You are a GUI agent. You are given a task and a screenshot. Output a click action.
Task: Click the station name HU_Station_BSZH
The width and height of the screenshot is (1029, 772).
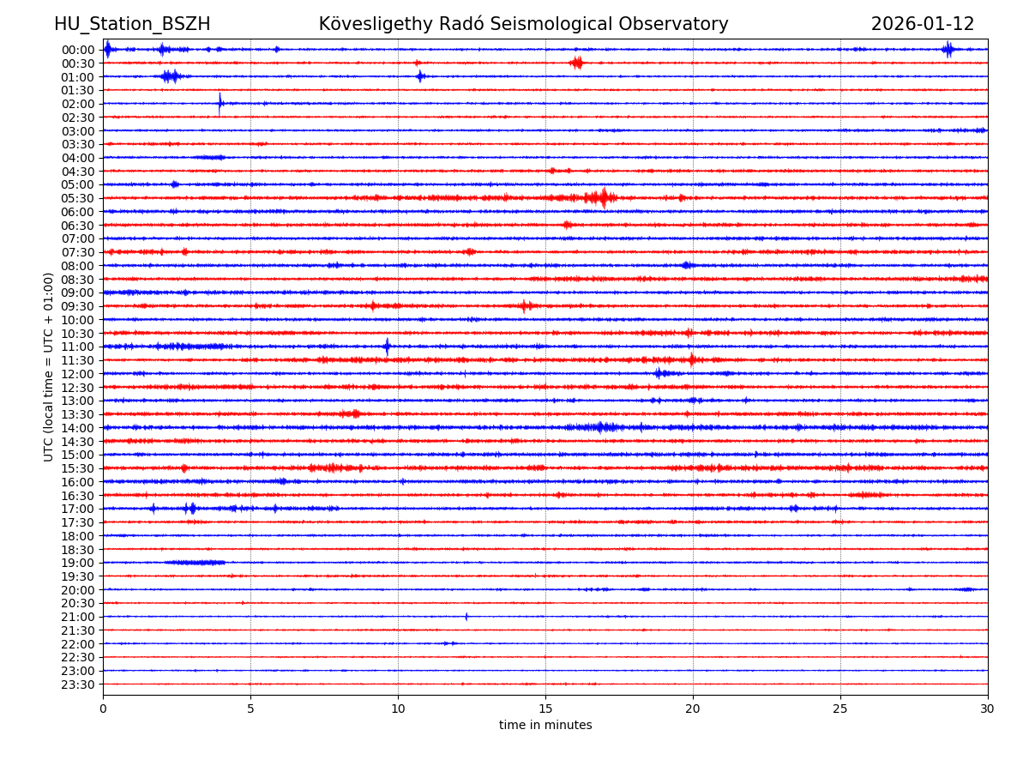[132, 24]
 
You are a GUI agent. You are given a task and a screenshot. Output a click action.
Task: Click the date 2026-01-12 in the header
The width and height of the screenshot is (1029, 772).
[923, 24]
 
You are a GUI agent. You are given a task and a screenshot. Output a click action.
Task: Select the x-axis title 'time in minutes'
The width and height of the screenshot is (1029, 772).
[545, 726]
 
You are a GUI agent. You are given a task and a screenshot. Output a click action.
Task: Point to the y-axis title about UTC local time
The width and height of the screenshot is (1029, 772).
[49, 366]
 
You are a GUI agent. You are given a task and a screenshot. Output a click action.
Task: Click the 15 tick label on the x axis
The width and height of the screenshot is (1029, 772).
[545, 709]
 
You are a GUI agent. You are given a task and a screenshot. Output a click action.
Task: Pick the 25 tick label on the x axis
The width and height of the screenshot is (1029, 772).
[840, 709]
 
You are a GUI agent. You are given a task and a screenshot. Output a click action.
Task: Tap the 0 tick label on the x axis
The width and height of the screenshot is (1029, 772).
[103, 709]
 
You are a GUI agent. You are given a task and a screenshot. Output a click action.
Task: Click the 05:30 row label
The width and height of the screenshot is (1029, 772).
[78, 198]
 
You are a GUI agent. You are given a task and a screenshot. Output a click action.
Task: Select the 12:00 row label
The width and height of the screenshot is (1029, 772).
[78, 374]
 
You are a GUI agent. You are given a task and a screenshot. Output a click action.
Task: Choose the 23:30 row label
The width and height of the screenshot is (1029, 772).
[78, 685]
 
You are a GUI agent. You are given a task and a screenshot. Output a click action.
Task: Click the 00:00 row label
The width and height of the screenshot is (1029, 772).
[78, 50]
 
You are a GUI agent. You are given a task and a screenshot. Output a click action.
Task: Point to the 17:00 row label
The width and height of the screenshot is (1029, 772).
[78, 509]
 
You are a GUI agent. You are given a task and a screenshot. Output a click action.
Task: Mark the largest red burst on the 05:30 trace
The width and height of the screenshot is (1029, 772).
[603, 198]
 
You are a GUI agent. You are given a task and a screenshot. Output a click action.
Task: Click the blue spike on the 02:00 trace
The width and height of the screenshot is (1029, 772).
[220, 104]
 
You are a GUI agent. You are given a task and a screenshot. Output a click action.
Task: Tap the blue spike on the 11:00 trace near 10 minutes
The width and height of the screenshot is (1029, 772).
[387, 347]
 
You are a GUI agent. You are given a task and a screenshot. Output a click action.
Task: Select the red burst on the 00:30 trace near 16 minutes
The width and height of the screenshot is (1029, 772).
[576, 63]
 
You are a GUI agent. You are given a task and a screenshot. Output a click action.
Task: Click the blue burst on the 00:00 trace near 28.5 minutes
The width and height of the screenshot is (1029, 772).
[948, 49]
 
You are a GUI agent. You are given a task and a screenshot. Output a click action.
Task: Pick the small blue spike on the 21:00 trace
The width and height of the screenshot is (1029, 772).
[466, 617]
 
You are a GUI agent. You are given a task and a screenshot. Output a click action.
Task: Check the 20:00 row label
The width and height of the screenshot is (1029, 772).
[78, 590]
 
